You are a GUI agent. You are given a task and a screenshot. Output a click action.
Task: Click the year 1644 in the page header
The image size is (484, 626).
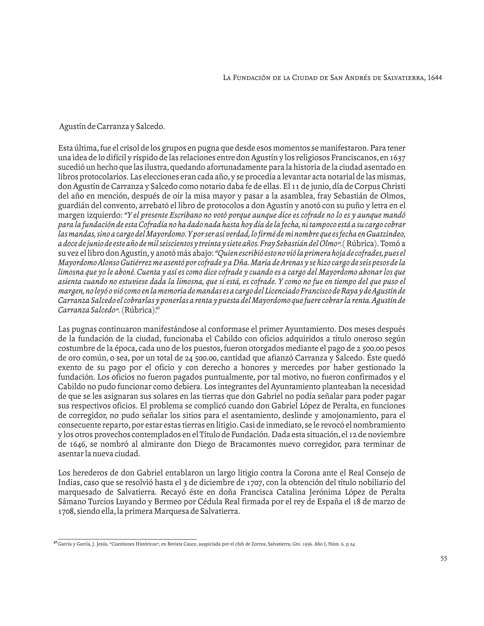(x=434, y=78)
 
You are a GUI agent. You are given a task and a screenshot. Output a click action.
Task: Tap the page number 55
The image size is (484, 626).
(x=444, y=558)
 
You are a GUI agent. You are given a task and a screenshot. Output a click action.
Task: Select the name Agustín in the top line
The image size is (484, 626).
(x=73, y=126)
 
